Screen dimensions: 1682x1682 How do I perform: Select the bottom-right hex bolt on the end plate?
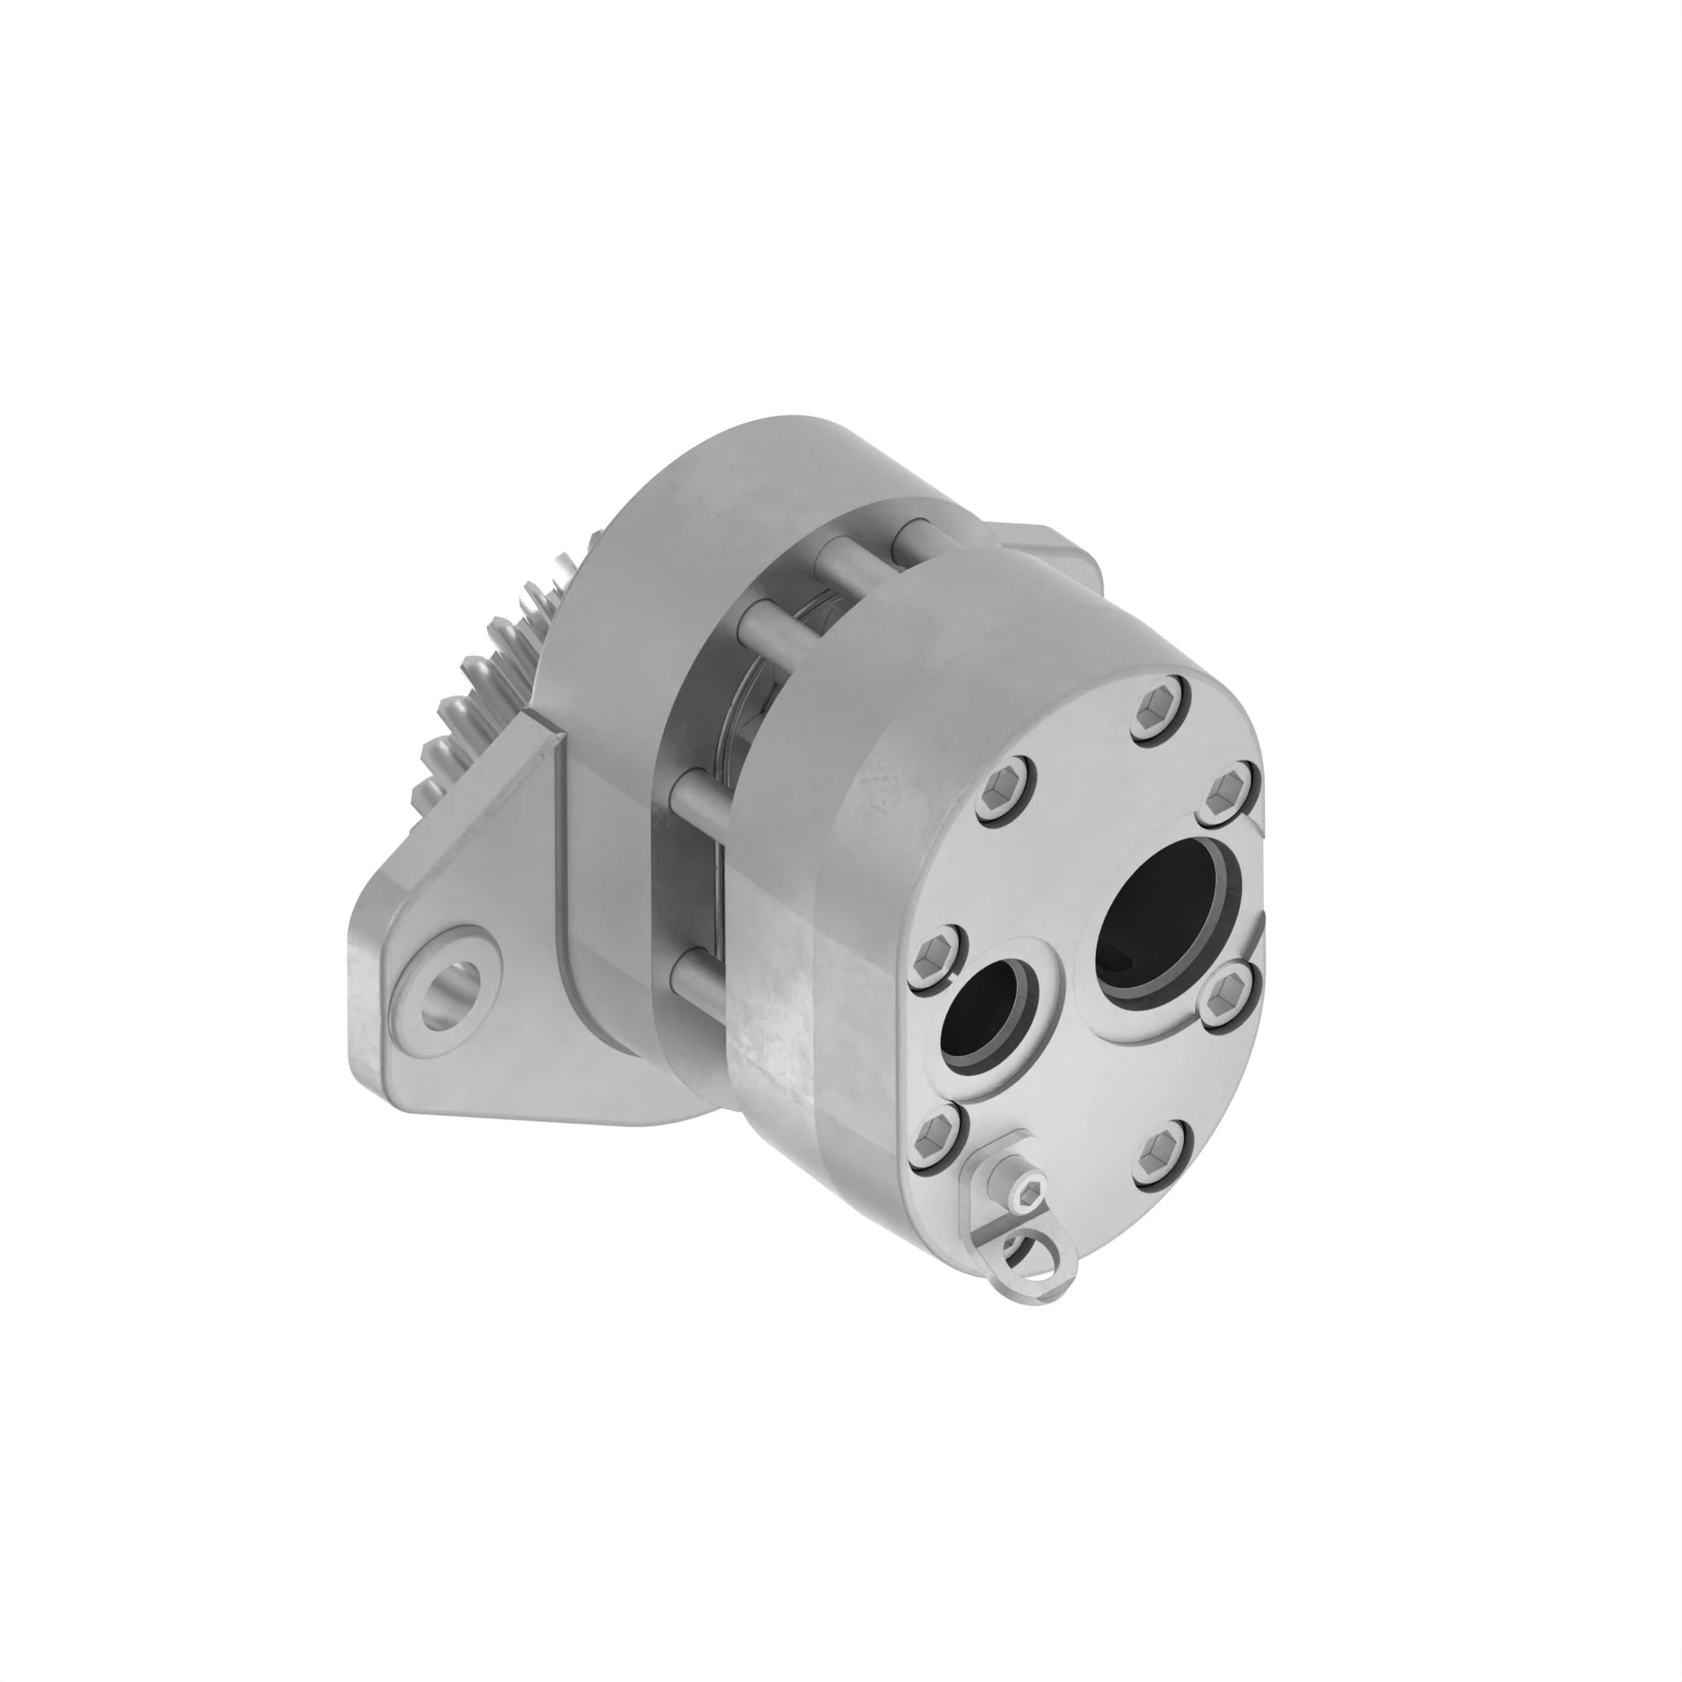(x=1164, y=1152)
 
